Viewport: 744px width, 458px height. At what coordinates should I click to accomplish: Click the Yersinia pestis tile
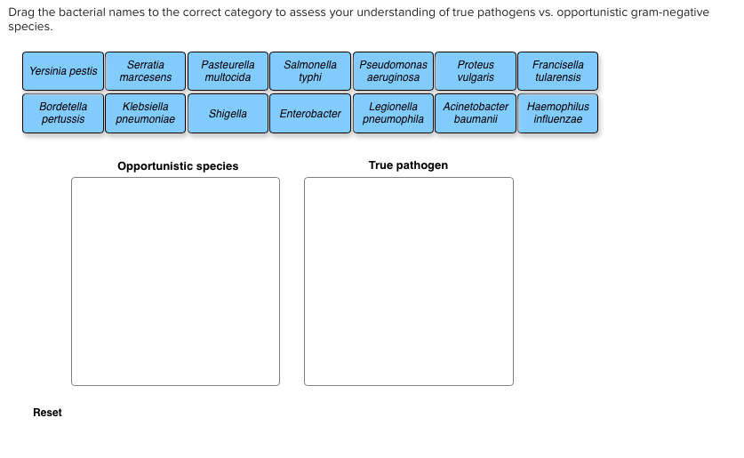[x=63, y=71]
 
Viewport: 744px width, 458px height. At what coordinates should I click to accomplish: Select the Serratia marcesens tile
[x=146, y=71]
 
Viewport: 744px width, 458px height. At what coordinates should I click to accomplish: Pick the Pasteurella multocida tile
[x=228, y=71]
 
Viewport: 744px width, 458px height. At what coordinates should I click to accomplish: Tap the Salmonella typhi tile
[x=310, y=71]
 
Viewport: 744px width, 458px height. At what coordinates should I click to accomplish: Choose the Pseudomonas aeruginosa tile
[x=393, y=71]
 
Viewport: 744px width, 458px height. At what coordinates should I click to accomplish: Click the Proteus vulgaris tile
[x=476, y=71]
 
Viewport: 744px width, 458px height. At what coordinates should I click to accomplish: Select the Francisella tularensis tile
[x=558, y=71]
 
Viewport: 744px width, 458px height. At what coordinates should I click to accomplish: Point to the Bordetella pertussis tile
[x=63, y=113]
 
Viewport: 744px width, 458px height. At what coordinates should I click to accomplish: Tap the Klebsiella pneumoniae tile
[x=146, y=113]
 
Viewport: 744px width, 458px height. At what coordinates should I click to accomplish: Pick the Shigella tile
[x=228, y=113]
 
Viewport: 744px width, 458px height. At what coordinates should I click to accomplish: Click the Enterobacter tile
[x=310, y=113]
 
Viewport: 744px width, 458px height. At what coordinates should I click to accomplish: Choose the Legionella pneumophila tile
[x=393, y=113]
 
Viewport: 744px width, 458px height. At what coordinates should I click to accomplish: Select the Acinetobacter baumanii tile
[x=476, y=113]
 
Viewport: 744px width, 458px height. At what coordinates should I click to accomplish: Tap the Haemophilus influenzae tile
[x=558, y=113]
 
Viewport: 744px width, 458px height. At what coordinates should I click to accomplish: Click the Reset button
[x=48, y=413]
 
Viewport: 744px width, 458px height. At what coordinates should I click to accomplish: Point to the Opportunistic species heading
[x=178, y=166]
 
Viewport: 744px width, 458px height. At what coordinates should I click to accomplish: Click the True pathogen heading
[x=408, y=165]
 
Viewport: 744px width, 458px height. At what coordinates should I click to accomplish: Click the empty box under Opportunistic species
[x=175, y=281]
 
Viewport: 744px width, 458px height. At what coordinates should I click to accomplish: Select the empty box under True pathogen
[x=408, y=281]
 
